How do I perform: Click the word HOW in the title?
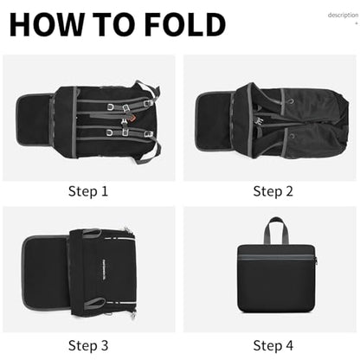point(47,25)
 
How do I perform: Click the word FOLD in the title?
point(185,25)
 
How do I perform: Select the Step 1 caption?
point(88,191)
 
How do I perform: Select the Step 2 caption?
point(273,191)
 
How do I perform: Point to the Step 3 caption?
point(88,345)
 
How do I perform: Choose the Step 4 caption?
point(273,345)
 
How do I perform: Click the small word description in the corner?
point(343,15)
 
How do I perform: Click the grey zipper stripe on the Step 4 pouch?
point(276,257)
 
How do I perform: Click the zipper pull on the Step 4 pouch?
point(316,260)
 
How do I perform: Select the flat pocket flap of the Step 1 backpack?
point(35,119)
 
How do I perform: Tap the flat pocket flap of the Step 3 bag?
point(46,272)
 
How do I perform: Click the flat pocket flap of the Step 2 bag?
point(215,120)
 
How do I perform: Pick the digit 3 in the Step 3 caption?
point(104,345)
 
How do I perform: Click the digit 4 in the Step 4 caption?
point(289,345)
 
